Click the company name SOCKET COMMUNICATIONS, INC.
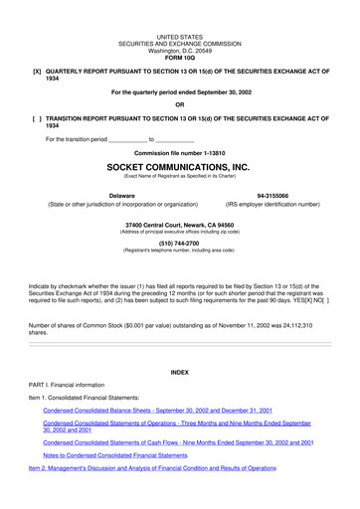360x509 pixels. pos(179,168)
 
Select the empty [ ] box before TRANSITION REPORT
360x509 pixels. pos(37,118)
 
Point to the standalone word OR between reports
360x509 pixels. pos(179,104)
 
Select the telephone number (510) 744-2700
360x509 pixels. pos(179,242)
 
